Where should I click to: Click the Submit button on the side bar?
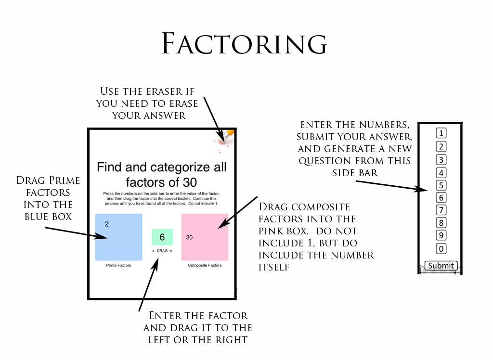click(441, 266)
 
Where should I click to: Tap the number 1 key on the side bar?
click(441, 133)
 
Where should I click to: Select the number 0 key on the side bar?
click(441, 249)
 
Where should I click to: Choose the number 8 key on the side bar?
click(441, 223)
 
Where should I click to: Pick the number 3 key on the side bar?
click(441, 160)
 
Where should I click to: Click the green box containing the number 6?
click(162, 237)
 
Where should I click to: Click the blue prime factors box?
click(118, 237)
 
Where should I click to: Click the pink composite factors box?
click(205, 237)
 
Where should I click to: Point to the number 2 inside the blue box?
click(106, 224)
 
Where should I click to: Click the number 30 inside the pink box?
click(189, 237)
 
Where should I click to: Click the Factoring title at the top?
click(245, 44)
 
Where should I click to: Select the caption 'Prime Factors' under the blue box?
click(118, 265)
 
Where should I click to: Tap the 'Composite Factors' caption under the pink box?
click(205, 265)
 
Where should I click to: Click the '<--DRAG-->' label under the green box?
click(162, 251)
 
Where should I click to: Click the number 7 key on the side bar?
click(441, 210)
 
